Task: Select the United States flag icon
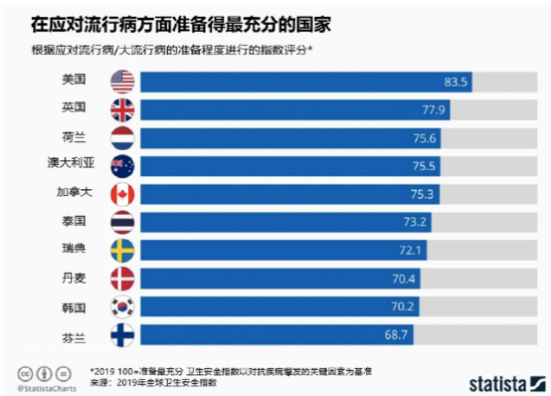click(122, 80)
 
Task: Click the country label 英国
click(75, 107)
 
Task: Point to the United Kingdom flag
click(122, 108)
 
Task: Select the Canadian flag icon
click(122, 193)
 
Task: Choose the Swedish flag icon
click(122, 250)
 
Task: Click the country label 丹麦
click(75, 278)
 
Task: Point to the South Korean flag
click(122, 306)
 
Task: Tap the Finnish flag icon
click(122, 335)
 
